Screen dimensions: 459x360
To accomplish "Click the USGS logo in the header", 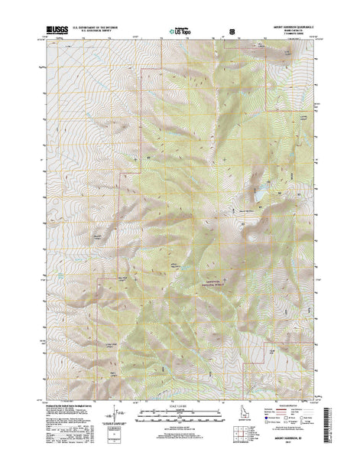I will tap(57, 32).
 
